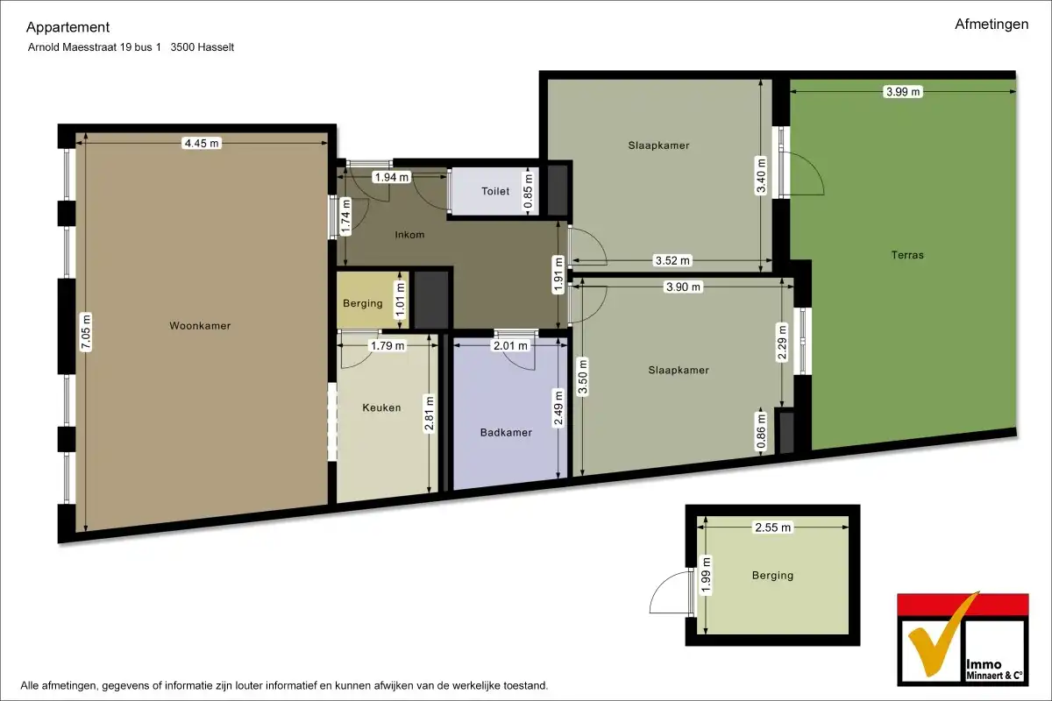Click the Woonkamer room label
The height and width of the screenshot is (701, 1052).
pos(200,326)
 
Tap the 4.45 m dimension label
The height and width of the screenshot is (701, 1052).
pos(201,144)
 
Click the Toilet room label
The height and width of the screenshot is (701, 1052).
pos(494,191)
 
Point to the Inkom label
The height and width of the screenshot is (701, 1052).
pos(409,235)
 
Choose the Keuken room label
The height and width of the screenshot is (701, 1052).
pos(381,407)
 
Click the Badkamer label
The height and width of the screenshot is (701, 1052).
pos(506,432)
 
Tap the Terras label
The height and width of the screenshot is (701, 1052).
pos(907,256)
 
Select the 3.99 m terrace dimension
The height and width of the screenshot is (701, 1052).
pos(903,91)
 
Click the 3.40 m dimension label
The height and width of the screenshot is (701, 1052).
pos(762,175)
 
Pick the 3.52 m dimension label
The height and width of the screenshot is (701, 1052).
pos(672,260)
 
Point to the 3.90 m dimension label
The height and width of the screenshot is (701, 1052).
pos(683,287)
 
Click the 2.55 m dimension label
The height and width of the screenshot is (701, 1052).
pos(772,528)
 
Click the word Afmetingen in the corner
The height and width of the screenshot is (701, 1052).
pos(992,25)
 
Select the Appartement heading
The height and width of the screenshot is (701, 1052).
pos(68,27)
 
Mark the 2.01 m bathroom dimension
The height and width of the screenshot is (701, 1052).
pos(511,346)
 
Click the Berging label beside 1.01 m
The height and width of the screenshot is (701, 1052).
pos(362,304)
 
